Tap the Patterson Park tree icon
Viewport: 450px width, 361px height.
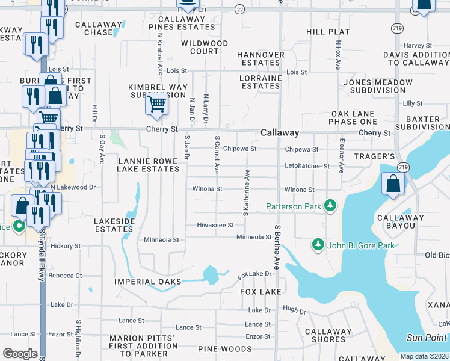pyautogui.click(x=330, y=206)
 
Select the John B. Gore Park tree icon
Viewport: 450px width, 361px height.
pyautogui.click(x=318, y=245)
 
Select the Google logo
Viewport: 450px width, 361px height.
pyautogui.click(x=20, y=354)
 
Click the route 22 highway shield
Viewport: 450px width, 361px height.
pyautogui.click(x=239, y=9)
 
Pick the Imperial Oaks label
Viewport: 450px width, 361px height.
pyautogui.click(x=147, y=282)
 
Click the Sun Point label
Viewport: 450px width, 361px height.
pyautogui.click(x=427, y=338)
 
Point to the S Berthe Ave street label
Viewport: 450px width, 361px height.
pyautogui.click(x=277, y=247)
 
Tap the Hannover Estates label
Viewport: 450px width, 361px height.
pyautogui.click(x=260, y=58)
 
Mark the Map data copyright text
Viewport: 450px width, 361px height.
pyautogui.click(x=425, y=356)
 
